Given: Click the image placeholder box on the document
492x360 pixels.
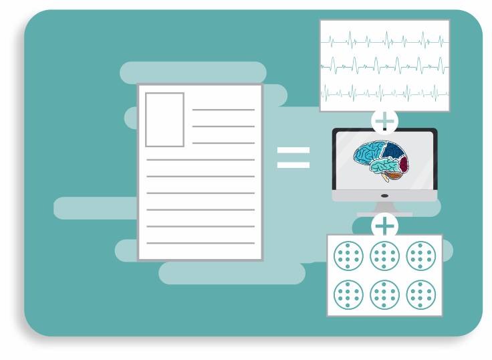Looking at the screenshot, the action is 164,120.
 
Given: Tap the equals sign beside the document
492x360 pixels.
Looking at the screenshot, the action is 293,157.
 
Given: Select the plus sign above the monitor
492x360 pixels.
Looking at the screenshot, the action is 384,121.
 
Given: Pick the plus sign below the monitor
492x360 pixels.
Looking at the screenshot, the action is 384,226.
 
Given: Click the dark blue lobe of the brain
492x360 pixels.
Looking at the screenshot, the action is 392,151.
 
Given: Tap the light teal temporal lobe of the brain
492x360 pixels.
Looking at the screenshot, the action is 381,167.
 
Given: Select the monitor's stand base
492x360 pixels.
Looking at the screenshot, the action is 384,213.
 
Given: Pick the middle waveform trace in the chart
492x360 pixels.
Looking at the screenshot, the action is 384,66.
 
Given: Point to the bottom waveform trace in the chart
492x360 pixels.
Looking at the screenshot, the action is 384,90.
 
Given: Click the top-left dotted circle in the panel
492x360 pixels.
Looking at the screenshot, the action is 348,256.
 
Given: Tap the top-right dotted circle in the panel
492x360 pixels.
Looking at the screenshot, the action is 421,256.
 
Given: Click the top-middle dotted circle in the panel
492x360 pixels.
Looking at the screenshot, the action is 384,256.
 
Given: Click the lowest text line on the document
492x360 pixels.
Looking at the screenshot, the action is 201,243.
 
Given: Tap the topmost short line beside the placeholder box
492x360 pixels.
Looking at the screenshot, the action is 223,110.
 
